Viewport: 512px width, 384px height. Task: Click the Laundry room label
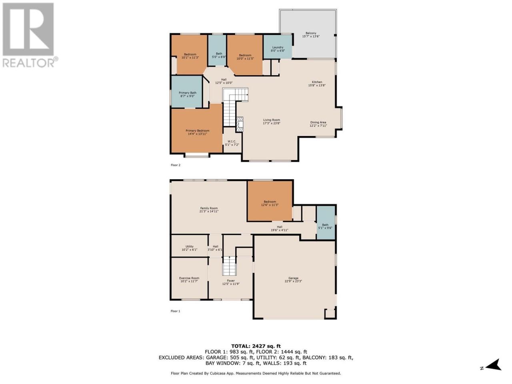point(278,47)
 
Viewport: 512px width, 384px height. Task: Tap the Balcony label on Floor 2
point(311,33)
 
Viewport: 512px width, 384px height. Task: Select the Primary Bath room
point(187,92)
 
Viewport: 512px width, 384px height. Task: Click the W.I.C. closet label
point(232,142)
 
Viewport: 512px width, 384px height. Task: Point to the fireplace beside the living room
point(240,124)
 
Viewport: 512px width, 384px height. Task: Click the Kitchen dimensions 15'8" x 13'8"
point(317,85)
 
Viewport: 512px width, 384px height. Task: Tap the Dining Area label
point(318,122)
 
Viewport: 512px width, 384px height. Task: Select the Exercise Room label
point(189,278)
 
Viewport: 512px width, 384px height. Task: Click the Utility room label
point(190,246)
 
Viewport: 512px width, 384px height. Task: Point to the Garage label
point(293,278)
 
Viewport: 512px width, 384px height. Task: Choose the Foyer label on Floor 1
point(231,281)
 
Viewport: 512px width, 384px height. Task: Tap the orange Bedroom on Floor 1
point(270,201)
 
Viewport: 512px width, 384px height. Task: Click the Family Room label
point(209,208)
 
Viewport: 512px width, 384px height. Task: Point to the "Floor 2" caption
point(176,165)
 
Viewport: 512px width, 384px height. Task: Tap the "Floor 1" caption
point(176,311)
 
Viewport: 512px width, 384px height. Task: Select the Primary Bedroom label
point(197,131)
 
